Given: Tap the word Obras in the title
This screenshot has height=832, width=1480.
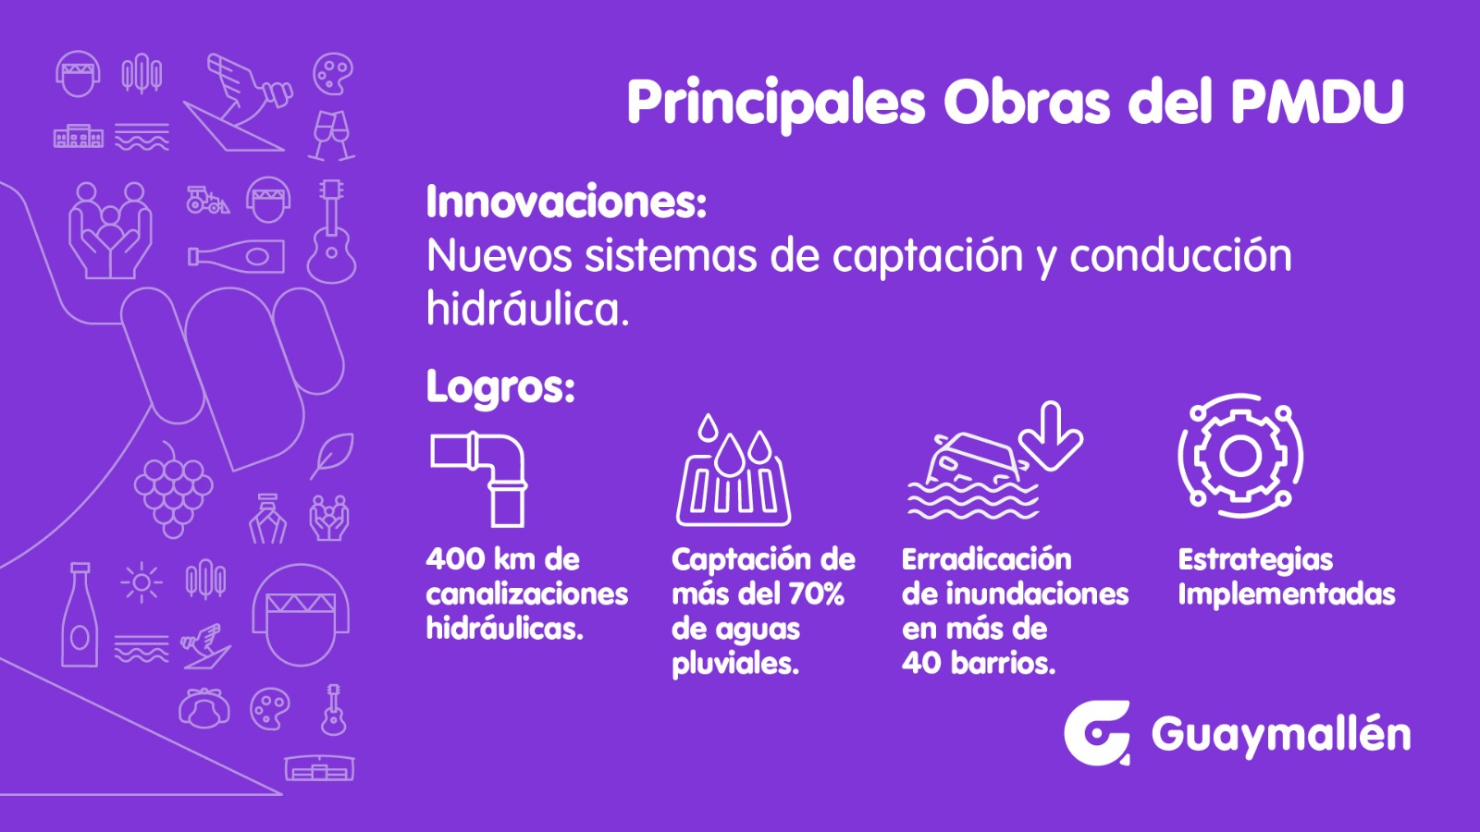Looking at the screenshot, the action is coord(1027,103).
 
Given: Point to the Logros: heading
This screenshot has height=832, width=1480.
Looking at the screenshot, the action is coord(500,386).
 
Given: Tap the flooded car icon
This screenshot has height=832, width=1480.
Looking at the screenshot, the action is coord(972,475).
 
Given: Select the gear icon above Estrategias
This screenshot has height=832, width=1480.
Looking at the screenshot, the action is coord(1240,456).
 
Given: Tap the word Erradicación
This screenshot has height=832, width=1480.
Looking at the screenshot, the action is coord(986,559).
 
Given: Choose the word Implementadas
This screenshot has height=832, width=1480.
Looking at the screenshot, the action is coord(1287,594).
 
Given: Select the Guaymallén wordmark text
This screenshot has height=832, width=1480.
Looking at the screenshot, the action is coord(1281,734).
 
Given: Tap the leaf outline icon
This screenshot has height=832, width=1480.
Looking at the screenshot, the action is coord(332,455).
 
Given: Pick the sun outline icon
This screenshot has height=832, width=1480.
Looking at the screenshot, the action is coord(142,582).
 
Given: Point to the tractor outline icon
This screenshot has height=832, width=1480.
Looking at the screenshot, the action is coord(207,200).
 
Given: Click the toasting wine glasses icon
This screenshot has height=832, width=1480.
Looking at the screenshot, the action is coord(332,136).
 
